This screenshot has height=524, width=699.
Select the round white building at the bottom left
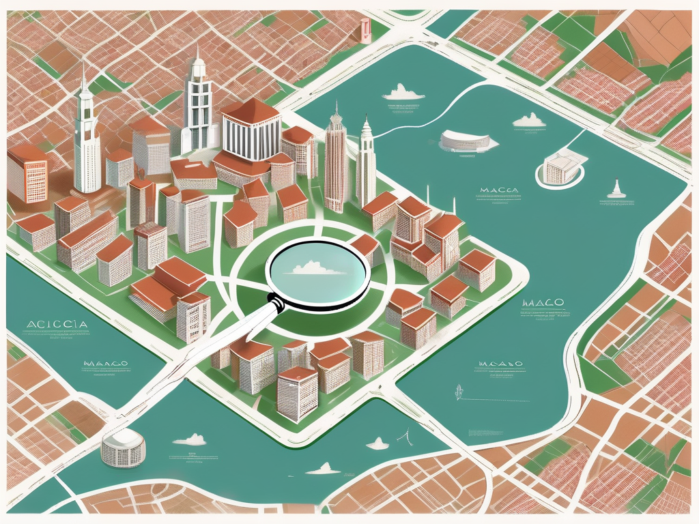[124, 447]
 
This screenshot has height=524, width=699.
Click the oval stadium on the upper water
[465, 141]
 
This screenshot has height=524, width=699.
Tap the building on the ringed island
[561, 168]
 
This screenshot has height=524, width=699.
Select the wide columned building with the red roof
[251, 130]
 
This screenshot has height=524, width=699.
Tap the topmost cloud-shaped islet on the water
[403, 92]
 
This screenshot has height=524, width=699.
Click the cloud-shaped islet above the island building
[529, 121]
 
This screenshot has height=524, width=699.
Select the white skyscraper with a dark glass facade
[198, 106]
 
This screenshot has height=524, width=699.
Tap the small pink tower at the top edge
[365, 30]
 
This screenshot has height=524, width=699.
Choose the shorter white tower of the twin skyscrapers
[366, 164]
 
